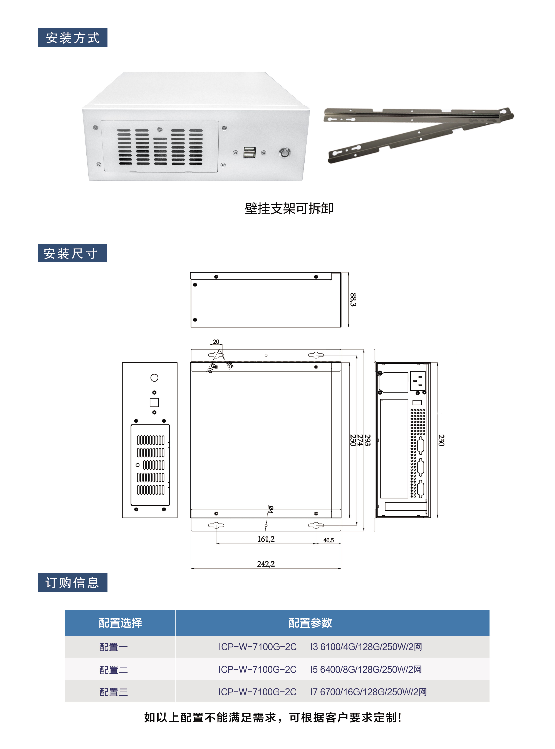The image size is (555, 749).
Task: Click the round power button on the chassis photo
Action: coord(285,153)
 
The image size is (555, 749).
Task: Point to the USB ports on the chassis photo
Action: coord(249,152)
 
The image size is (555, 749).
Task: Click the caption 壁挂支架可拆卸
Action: coord(289,209)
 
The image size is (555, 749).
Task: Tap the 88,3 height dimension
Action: coord(353,299)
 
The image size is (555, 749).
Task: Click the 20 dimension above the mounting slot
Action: coord(216,341)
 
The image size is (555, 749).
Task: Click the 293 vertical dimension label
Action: coord(367,440)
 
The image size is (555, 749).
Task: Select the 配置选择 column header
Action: coord(120,623)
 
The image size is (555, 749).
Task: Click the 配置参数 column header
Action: coord(310,623)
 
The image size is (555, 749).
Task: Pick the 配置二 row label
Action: coord(114,670)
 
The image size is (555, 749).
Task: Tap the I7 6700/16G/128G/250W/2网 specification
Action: coord(368,692)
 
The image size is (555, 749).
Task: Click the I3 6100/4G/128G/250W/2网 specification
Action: coord(366,647)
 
